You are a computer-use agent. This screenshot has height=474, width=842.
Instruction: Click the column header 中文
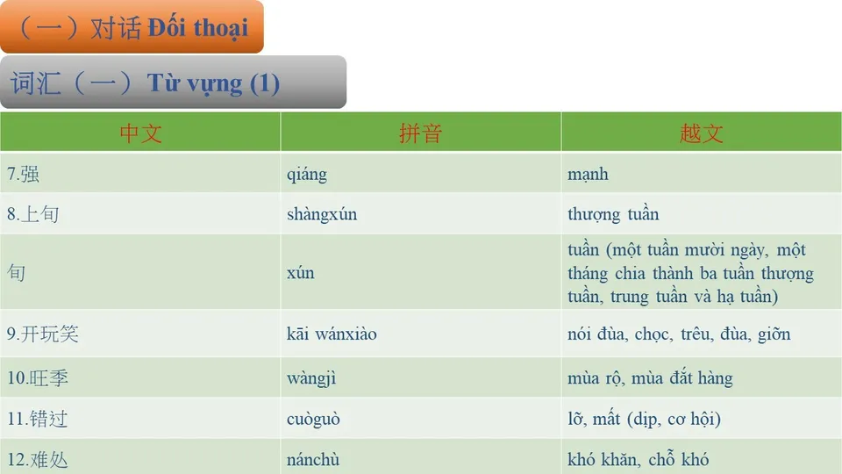point(140,133)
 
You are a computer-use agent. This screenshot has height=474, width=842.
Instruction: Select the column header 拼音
point(420,133)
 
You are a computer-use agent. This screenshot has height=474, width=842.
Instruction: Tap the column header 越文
point(701,133)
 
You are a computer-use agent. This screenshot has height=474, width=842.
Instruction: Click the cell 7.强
point(24,174)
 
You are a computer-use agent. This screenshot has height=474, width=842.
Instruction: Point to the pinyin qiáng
point(306,174)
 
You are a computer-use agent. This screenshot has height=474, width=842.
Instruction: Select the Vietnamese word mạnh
point(588,174)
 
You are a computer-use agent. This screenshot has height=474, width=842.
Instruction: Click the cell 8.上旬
point(33,214)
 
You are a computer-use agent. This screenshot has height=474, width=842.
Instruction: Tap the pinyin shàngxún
point(322,214)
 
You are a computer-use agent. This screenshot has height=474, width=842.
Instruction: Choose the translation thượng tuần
point(613,214)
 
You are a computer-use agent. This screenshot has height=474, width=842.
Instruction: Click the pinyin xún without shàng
point(300,273)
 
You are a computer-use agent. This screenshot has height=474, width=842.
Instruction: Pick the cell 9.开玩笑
point(43,334)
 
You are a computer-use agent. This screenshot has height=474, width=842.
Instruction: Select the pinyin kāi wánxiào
point(332,334)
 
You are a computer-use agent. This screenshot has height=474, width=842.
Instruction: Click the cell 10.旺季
point(38,378)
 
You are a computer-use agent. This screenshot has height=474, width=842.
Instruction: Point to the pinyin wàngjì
point(311,378)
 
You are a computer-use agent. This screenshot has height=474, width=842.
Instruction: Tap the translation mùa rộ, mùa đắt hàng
point(650,378)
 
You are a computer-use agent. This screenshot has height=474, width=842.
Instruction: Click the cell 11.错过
point(38,419)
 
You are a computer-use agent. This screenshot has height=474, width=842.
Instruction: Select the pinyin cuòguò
point(313,419)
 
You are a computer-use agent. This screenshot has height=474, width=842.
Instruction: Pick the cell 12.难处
point(38,459)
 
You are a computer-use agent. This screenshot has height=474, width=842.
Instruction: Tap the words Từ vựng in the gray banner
point(195,83)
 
